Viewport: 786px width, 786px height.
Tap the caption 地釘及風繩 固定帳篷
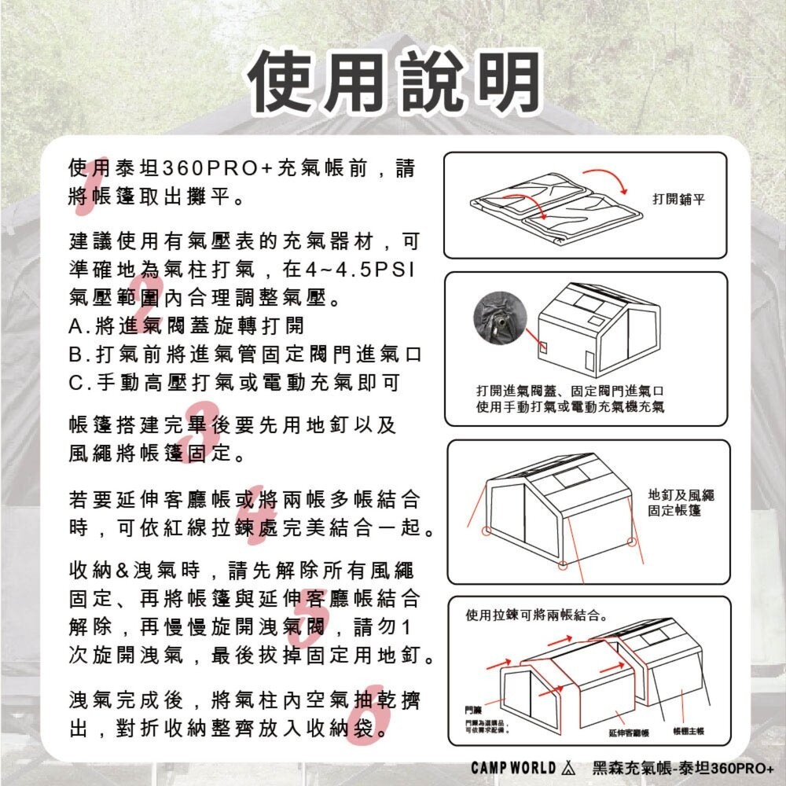pyautogui.click(x=681, y=503)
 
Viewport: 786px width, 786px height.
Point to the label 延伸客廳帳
pyautogui.click(x=629, y=732)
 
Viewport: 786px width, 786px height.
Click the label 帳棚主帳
pyautogui.click(x=689, y=732)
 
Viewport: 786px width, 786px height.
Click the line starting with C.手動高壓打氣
pyautogui.click(x=235, y=383)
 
